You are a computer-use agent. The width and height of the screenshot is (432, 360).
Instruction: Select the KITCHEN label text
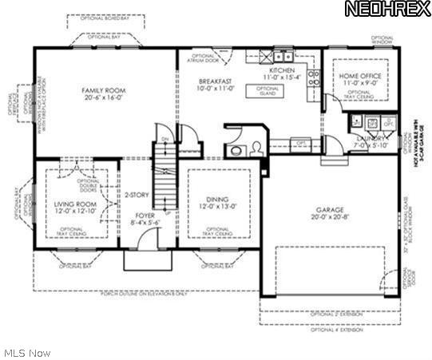tap(281, 70)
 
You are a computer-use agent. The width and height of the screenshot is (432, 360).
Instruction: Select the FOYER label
tap(145, 214)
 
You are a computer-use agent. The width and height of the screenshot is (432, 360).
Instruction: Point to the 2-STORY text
tap(136, 193)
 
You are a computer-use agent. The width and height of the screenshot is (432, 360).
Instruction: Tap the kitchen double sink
tap(282, 56)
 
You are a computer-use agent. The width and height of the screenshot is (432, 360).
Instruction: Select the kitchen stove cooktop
tap(314, 78)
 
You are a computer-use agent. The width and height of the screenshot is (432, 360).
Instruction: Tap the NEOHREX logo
tap(386, 10)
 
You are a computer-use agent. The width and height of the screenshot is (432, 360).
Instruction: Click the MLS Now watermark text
tap(27, 352)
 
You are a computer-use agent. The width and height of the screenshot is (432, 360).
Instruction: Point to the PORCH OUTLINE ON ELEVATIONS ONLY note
tap(145, 294)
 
